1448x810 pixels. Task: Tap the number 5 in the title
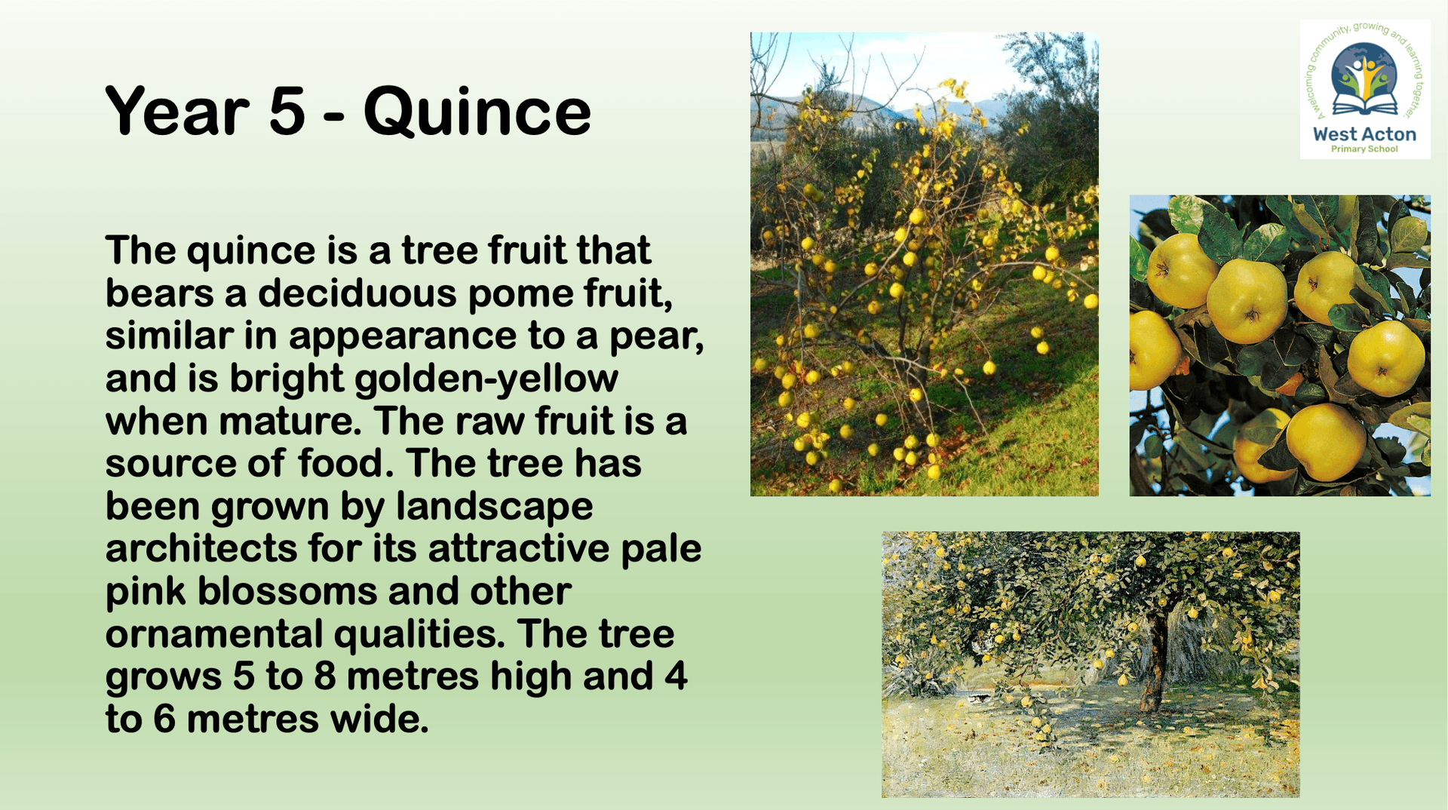(x=287, y=112)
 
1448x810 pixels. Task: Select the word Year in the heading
(x=177, y=111)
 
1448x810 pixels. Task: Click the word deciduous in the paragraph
(x=357, y=293)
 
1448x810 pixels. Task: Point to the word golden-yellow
(x=486, y=379)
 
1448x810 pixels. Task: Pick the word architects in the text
(x=201, y=548)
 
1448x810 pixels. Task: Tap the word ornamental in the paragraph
(x=214, y=634)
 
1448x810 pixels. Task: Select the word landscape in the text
(x=495, y=507)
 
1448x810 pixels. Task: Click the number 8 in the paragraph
(x=324, y=677)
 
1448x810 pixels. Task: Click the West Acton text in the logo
(x=1364, y=134)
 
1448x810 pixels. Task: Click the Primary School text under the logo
(x=1364, y=149)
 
